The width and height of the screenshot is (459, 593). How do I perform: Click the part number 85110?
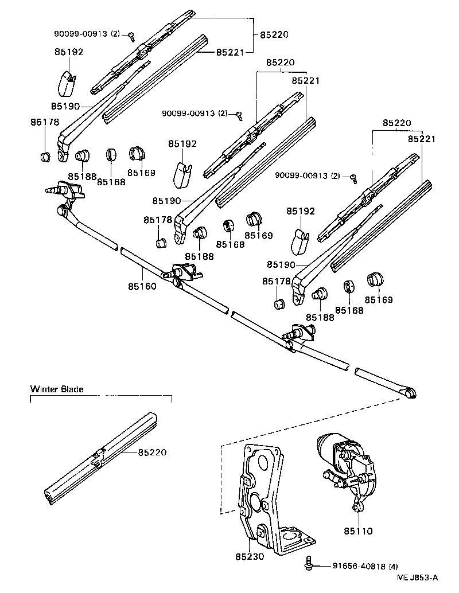pos(359,531)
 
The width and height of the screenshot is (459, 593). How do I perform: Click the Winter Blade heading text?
pos(57,389)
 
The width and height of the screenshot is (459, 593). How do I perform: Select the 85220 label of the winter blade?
pos(152,452)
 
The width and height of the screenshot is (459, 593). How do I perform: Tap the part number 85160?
pos(142,286)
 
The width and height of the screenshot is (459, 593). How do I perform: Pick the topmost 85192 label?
pos(69,52)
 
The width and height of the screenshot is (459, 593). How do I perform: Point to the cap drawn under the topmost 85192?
pos(67,82)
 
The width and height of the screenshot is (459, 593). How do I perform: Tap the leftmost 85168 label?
pos(111,181)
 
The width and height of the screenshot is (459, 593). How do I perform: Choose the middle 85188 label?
pos(199,256)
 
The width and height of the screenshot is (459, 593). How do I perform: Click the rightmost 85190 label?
pos(281,264)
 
